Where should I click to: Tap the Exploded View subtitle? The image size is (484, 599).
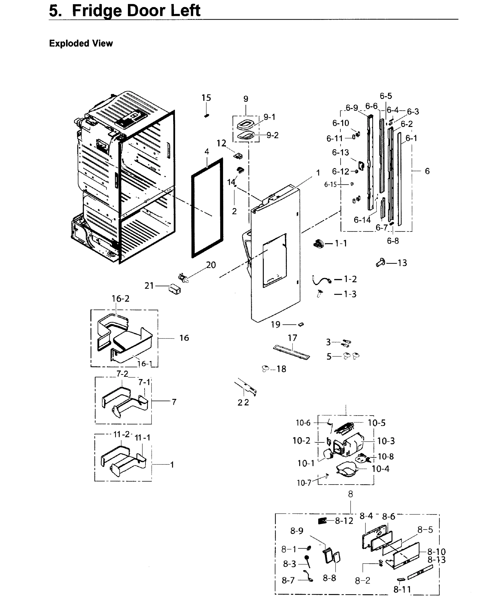click(x=81, y=43)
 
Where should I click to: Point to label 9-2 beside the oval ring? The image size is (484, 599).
click(x=272, y=135)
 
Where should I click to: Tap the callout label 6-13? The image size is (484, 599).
click(x=340, y=152)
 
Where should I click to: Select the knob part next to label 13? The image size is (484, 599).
click(x=381, y=263)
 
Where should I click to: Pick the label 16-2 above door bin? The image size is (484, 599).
click(x=120, y=299)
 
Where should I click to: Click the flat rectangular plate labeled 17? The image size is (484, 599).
click(x=291, y=352)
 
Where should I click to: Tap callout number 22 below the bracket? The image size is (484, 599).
click(x=243, y=402)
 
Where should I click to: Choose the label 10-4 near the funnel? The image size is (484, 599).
click(x=380, y=469)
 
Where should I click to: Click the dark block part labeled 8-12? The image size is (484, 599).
click(x=322, y=521)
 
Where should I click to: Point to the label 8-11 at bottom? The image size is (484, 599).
click(x=402, y=590)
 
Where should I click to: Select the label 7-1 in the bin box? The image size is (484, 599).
click(x=144, y=382)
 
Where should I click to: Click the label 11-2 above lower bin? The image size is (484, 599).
click(x=122, y=434)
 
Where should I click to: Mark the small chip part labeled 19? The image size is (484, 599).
click(x=301, y=324)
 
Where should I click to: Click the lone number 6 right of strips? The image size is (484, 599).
click(x=427, y=171)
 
